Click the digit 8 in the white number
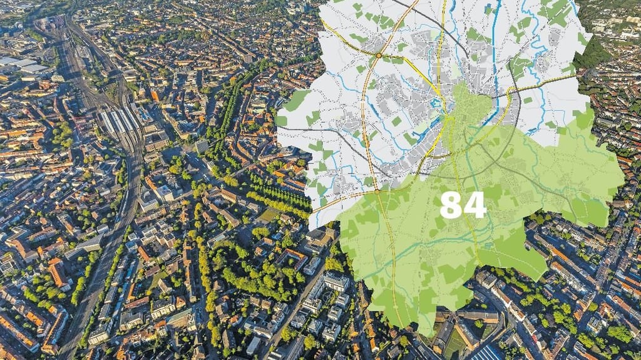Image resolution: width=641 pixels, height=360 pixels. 451,205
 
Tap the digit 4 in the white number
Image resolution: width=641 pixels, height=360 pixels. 474,205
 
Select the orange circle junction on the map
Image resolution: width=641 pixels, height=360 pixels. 379,56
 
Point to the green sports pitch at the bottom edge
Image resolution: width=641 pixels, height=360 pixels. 455,344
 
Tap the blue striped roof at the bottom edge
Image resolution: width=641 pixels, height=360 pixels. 488,352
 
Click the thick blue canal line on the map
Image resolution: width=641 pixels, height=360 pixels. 495,50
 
